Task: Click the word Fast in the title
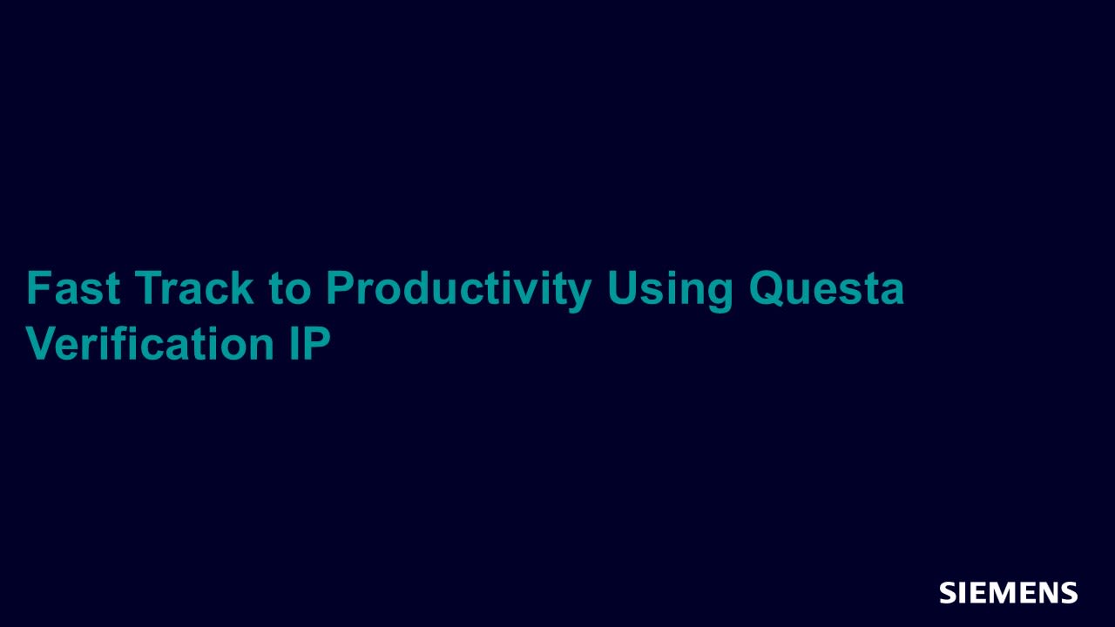(73, 287)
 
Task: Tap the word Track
(194, 287)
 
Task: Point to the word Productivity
(458, 291)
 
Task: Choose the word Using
(670, 291)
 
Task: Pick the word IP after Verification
(310, 343)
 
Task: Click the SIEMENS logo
(1009, 593)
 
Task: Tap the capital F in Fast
(39, 287)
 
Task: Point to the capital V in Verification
(43, 343)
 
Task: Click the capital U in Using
(622, 288)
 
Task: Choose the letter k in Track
(242, 287)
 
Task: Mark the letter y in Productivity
(578, 297)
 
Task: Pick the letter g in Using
(720, 297)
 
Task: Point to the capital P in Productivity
(340, 287)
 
